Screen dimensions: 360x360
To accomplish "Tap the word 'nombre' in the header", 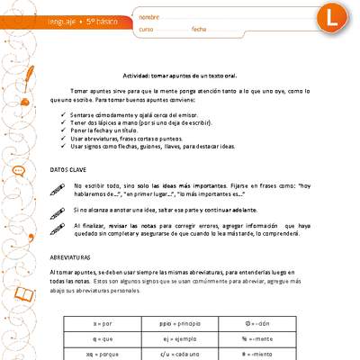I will point(150,17).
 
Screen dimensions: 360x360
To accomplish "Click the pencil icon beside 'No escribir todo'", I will point(58,187).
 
